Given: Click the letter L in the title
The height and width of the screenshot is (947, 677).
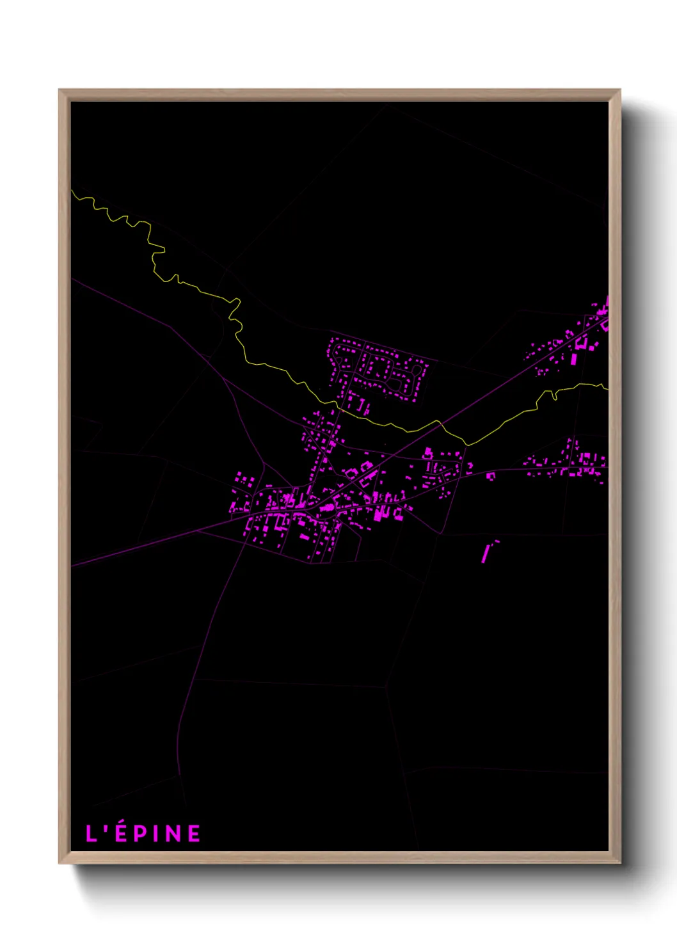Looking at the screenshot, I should click(x=92, y=833).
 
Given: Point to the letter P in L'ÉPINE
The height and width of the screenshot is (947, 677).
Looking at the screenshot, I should click(x=140, y=833).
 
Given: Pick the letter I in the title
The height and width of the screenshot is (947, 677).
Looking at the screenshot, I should click(x=155, y=833).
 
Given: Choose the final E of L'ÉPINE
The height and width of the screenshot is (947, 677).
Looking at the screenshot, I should click(x=194, y=833).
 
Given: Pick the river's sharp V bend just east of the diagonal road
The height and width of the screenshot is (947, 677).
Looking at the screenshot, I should click(x=468, y=444).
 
